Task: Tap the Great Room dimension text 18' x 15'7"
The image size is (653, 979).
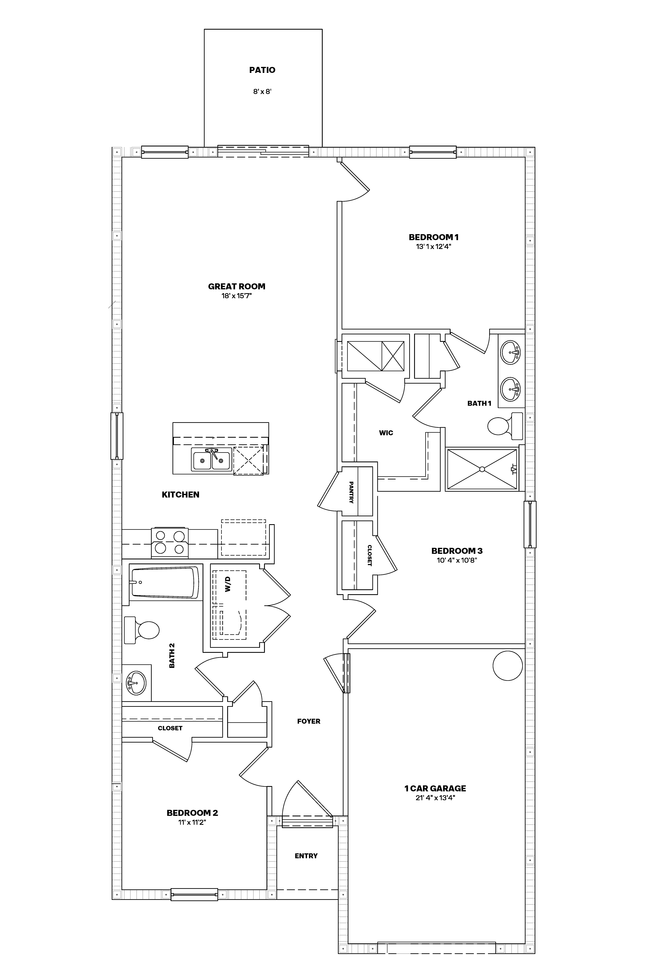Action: tap(237, 296)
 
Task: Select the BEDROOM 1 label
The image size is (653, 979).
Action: tap(434, 237)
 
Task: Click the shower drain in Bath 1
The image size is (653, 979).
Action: tap(482, 469)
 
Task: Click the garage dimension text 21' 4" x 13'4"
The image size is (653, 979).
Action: tap(435, 798)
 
